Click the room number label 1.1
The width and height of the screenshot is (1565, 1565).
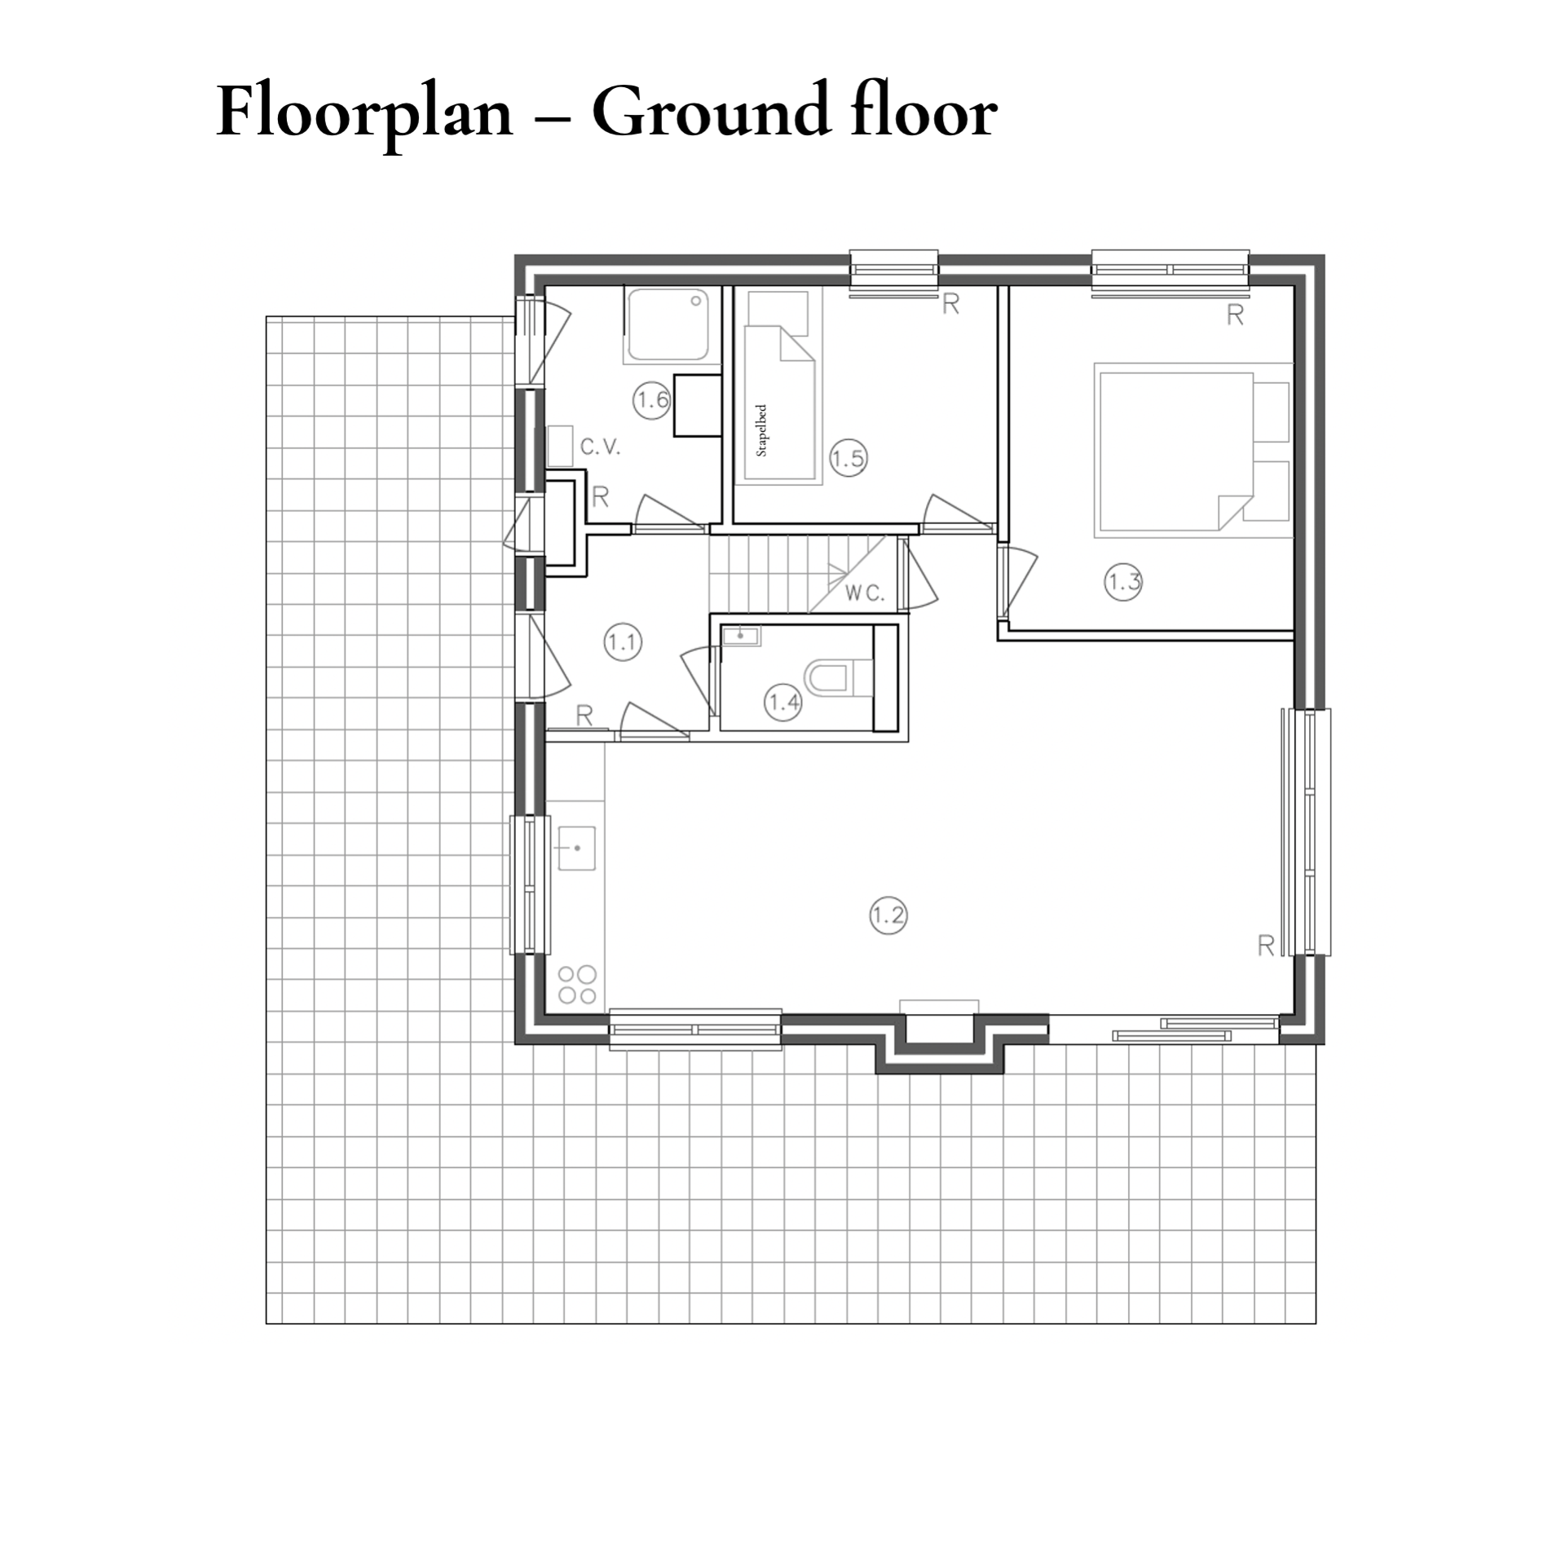pyautogui.click(x=623, y=642)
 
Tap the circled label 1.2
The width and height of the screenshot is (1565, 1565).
pyautogui.click(x=888, y=915)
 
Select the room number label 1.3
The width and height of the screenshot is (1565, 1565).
pyautogui.click(x=1123, y=582)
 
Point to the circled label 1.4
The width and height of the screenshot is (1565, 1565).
pyautogui.click(x=783, y=702)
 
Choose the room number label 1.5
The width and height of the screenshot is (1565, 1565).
pyautogui.click(x=848, y=458)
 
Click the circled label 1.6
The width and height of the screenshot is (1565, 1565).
pyautogui.click(x=652, y=399)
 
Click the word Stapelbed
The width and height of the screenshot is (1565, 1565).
pyautogui.click(x=762, y=430)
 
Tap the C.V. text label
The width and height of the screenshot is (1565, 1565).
pyautogui.click(x=601, y=447)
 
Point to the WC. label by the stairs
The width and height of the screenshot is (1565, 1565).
pyautogui.click(x=865, y=593)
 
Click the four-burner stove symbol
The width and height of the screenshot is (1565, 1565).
pyautogui.click(x=577, y=985)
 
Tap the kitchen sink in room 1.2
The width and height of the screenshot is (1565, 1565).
pyautogui.click(x=575, y=849)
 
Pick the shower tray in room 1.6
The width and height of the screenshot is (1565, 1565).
pyautogui.click(x=666, y=324)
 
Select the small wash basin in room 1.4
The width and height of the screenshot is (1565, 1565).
pyautogui.click(x=742, y=636)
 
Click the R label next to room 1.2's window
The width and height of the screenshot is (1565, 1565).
pyautogui.click(x=1266, y=946)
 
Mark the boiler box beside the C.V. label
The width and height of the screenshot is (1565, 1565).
pyautogui.click(x=560, y=445)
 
